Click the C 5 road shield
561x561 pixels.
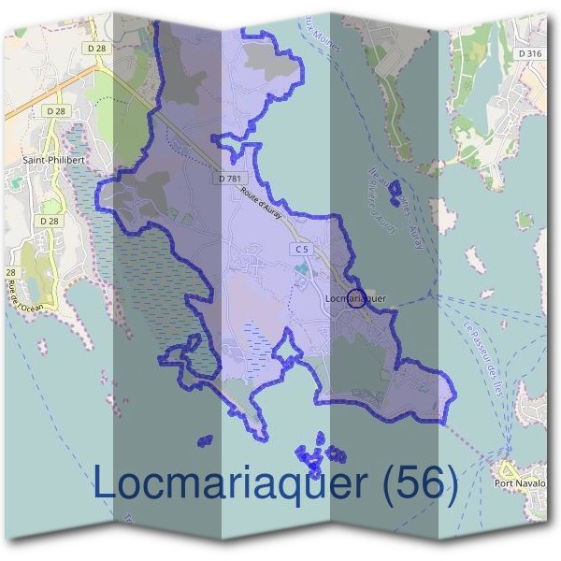click(300, 249)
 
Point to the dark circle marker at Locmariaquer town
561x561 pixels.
click(355, 300)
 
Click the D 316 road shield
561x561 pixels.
click(528, 54)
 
